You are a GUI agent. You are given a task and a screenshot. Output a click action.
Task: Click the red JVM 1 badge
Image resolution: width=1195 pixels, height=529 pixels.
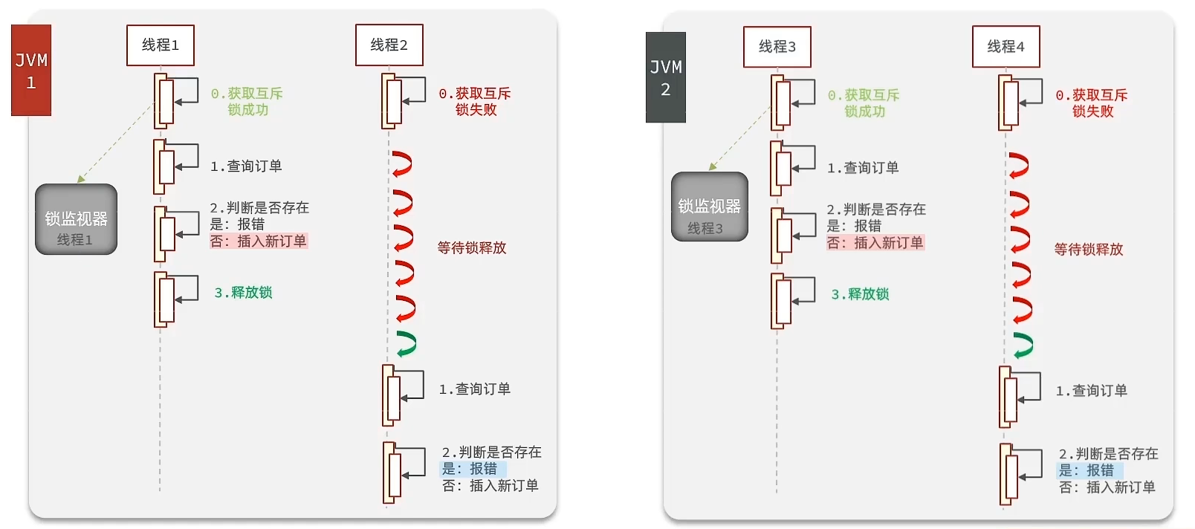pyautogui.click(x=31, y=70)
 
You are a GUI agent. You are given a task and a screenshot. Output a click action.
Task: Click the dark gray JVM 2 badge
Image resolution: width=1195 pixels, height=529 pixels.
pyautogui.click(x=665, y=77)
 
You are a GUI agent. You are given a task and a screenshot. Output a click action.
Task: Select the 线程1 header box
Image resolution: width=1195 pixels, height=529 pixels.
pyautogui.click(x=160, y=45)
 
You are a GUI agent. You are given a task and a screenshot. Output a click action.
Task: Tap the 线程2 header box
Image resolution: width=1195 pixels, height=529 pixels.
pyautogui.click(x=389, y=45)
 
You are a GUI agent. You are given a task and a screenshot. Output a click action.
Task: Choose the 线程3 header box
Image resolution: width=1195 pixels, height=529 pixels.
pyautogui.click(x=777, y=47)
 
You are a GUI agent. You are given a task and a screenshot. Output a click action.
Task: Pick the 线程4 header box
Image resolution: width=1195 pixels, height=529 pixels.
pyautogui.click(x=1005, y=47)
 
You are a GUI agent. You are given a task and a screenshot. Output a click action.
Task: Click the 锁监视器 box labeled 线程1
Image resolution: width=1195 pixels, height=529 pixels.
pyautogui.click(x=76, y=220)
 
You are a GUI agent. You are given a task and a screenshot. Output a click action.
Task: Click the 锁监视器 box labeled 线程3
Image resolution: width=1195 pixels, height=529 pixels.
pyautogui.click(x=709, y=207)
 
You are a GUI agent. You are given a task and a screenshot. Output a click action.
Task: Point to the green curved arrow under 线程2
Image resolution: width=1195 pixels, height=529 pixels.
pyautogui.click(x=406, y=343)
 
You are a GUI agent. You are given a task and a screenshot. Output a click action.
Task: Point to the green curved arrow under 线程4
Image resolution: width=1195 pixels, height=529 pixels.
pyautogui.click(x=1023, y=345)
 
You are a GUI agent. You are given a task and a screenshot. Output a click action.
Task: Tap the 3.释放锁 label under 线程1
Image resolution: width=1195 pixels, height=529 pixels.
pyautogui.click(x=243, y=293)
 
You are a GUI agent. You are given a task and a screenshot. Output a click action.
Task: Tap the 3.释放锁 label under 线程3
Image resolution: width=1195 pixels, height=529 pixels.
pyautogui.click(x=860, y=294)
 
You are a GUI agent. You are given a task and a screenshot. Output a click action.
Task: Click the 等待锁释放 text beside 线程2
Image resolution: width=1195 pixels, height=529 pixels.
pyautogui.click(x=472, y=248)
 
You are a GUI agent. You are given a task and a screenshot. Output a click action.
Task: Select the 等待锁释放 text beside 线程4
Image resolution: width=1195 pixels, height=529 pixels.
pyautogui.click(x=1089, y=250)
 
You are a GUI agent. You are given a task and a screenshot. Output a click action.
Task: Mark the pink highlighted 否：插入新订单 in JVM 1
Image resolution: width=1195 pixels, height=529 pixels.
pyautogui.click(x=259, y=241)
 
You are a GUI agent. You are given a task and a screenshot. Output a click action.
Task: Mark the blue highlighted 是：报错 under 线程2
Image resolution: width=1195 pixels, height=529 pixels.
pyautogui.click(x=470, y=469)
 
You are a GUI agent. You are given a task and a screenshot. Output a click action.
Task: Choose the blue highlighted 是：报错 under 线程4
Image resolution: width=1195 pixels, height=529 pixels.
pyautogui.click(x=1087, y=470)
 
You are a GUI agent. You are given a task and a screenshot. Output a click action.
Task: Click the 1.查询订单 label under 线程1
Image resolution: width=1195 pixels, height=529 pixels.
pyautogui.click(x=246, y=166)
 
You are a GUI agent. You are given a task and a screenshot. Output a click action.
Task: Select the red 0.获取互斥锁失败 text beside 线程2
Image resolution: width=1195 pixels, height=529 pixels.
pyautogui.click(x=475, y=102)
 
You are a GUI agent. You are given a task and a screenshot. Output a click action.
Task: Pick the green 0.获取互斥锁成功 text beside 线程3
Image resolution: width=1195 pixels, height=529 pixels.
pyautogui.click(x=864, y=103)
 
